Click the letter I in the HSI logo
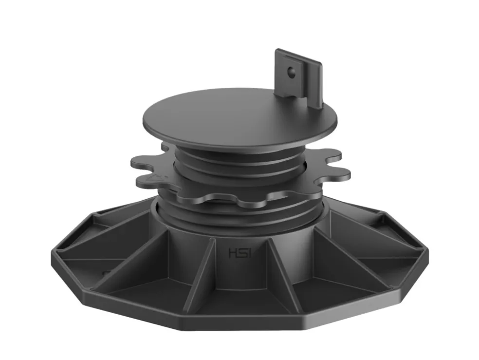pos(249,253)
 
